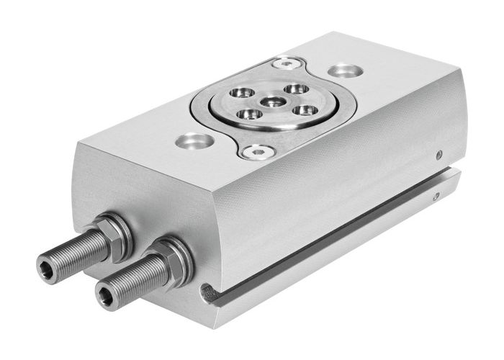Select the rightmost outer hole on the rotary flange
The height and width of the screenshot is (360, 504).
tap(305, 110)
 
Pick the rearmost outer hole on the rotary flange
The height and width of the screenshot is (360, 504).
tap(292, 89)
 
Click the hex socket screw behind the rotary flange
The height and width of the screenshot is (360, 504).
tap(289, 64)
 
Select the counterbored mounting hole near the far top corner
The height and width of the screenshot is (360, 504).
tap(343, 71)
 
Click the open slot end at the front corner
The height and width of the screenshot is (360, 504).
tap(208, 292)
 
